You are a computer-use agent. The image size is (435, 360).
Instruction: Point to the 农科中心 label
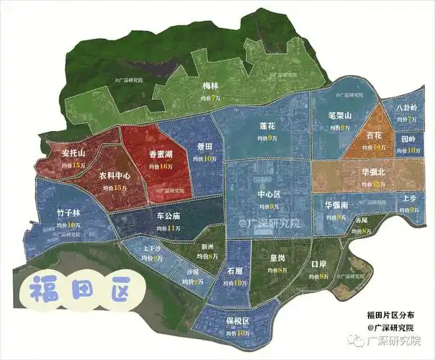click(114, 176)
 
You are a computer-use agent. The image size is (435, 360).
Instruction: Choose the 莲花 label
click(268, 125)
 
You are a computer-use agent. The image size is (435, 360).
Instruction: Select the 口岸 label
click(319, 264)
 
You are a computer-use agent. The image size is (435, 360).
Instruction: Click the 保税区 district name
click(236, 321)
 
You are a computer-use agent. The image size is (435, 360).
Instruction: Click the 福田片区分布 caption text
click(390, 315)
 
